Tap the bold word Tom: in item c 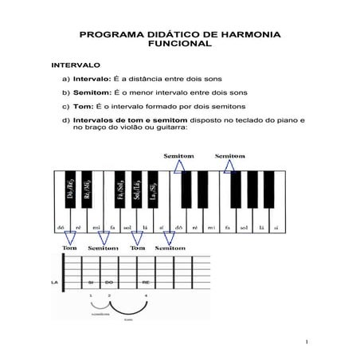tap(83, 106)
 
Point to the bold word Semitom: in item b tap(92, 92)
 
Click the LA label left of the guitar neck tap(54, 282)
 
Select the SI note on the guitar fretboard tap(92, 282)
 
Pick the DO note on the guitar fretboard tap(110, 282)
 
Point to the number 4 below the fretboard tap(146, 296)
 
